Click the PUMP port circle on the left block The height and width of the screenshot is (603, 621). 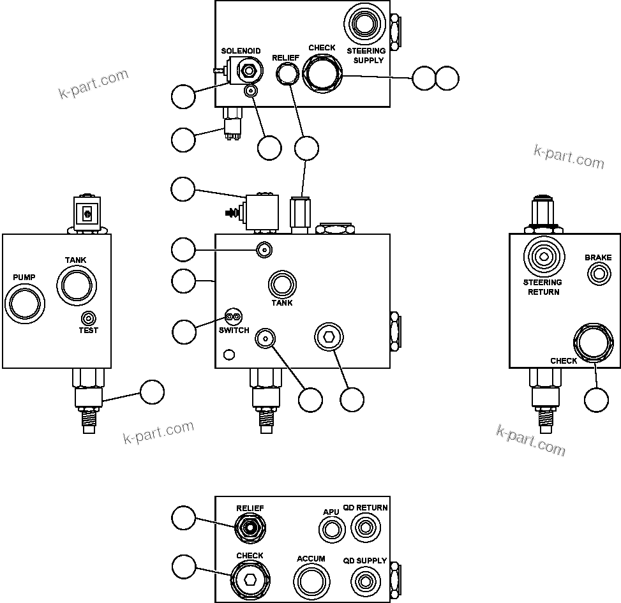(24, 301)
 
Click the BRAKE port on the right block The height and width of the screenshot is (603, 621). (599, 274)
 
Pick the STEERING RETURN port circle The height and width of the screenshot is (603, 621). (543, 257)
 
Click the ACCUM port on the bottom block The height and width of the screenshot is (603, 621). (311, 582)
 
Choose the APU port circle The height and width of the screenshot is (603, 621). (331, 529)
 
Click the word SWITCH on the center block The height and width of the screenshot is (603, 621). (234, 331)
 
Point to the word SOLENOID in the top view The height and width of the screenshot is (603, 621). (241, 51)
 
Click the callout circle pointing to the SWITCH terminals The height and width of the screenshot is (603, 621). (184, 331)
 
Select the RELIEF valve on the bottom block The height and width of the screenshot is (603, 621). (250, 528)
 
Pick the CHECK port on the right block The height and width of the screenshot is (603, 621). (592, 345)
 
